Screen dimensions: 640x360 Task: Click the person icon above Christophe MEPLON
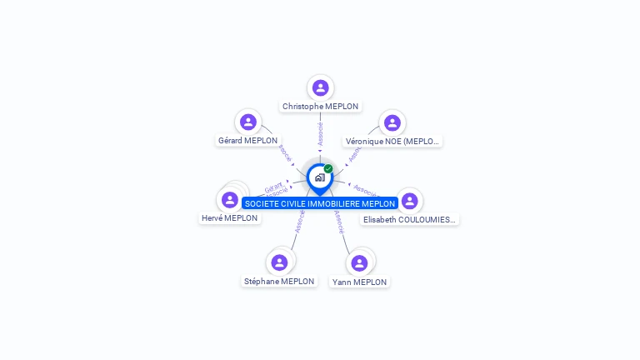(321, 87)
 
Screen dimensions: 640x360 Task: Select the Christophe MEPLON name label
(321, 107)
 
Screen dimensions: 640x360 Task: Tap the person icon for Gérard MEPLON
(248, 122)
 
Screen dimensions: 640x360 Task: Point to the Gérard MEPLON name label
(248, 141)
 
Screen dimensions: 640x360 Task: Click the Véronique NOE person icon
(392, 122)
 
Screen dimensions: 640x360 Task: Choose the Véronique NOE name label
(392, 142)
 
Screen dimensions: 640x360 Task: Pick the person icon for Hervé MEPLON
(230, 200)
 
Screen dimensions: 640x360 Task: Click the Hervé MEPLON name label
(230, 218)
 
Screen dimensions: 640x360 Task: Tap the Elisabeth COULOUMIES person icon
(409, 201)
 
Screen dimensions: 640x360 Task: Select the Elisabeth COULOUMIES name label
(410, 220)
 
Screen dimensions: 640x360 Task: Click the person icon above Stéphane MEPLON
(279, 262)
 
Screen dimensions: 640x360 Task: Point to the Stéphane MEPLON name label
(279, 282)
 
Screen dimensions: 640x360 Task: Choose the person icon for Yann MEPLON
(359, 263)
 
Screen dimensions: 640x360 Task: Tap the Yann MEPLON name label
(359, 282)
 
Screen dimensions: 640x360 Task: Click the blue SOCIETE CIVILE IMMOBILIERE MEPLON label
(320, 203)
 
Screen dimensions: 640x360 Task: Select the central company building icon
(319, 177)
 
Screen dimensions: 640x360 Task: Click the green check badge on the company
(328, 168)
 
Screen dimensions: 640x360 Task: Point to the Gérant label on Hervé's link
(273, 187)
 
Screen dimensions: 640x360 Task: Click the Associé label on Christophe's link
(320, 133)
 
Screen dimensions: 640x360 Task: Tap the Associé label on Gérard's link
(285, 152)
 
